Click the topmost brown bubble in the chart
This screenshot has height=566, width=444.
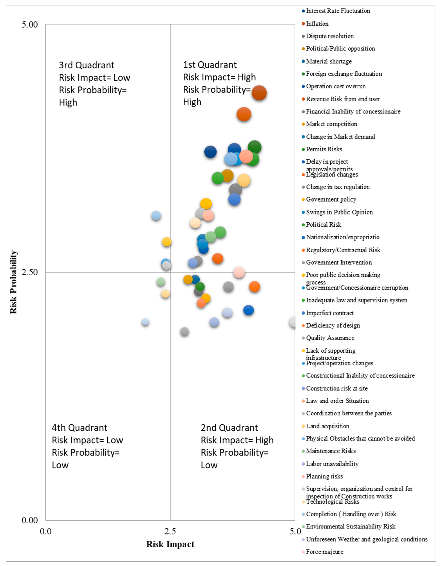(259, 93)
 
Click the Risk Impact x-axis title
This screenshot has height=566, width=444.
(170, 544)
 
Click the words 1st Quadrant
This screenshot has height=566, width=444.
(210, 65)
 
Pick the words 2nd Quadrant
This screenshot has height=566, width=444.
(229, 428)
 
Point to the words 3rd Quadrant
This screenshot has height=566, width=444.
(87, 65)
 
